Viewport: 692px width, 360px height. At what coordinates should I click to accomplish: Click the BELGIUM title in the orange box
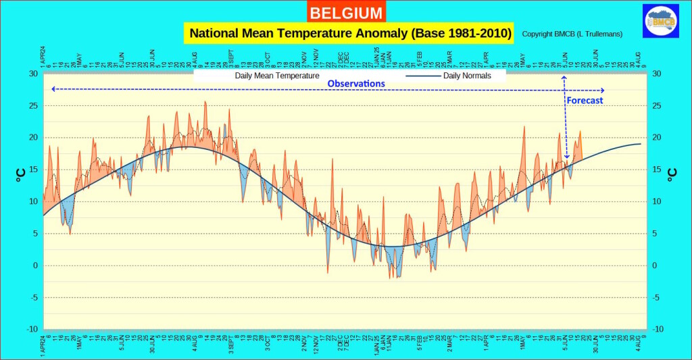click(x=346, y=12)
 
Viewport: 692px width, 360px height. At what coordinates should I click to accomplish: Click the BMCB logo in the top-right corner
click(x=660, y=20)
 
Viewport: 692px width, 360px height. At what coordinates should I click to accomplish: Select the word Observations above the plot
click(x=356, y=84)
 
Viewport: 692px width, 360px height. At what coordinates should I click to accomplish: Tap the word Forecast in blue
click(x=585, y=100)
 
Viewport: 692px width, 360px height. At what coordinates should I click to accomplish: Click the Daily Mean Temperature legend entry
click(x=277, y=76)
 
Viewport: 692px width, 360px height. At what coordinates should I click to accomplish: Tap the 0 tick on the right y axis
click(x=656, y=265)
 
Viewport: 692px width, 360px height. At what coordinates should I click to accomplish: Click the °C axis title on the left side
click(x=20, y=175)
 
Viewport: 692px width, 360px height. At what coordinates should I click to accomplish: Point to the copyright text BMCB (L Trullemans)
click(x=572, y=34)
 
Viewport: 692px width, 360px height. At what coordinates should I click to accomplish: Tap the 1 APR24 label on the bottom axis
click(x=43, y=344)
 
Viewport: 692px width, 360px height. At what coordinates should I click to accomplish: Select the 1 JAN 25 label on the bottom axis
click(x=376, y=345)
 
